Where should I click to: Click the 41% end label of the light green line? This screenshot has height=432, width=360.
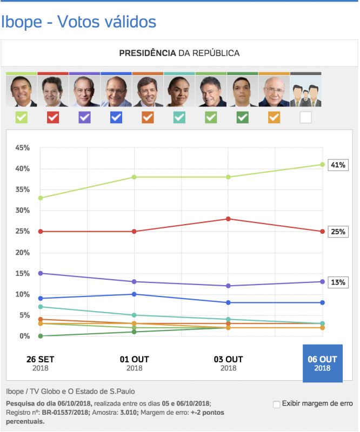[x=338, y=165]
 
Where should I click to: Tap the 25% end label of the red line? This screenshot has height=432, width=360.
[x=338, y=232]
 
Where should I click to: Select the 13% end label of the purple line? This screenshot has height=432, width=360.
[x=338, y=282]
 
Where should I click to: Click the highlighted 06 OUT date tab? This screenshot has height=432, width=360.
[x=322, y=363]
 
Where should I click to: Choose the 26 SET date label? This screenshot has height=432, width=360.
[x=41, y=363]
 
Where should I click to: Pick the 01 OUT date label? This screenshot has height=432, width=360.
[x=134, y=363]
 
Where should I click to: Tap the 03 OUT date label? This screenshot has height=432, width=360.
[x=228, y=363]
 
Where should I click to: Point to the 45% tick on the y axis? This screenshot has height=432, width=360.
[x=22, y=148]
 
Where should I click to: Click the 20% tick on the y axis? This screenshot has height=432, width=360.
[x=22, y=253]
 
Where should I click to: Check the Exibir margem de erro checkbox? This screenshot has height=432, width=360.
[x=277, y=404]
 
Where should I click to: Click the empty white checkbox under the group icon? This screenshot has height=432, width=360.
[x=306, y=117]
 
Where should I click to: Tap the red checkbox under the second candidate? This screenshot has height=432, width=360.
[x=53, y=117]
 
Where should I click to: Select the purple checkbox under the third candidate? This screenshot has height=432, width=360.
[x=85, y=117]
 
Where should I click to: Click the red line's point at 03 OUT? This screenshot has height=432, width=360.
[x=228, y=219]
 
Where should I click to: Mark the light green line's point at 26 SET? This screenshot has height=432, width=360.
[x=41, y=198]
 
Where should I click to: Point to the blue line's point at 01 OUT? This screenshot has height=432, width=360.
[x=134, y=294]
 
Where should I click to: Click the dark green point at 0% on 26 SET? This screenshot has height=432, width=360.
[x=41, y=336]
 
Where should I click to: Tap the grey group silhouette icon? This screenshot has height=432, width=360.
[x=306, y=92]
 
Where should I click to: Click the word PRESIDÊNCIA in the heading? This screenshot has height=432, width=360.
[x=148, y=53]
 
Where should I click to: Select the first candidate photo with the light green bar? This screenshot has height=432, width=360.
[x=22, y=91]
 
